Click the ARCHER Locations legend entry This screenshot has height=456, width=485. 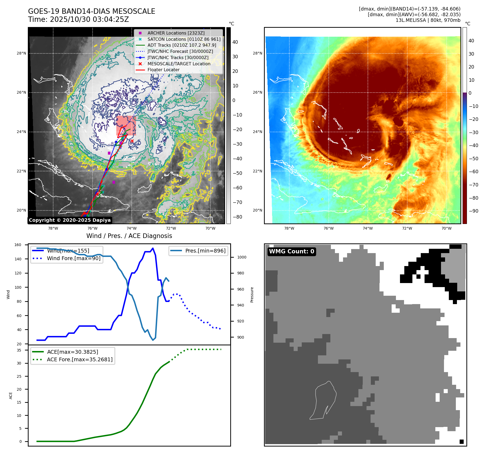(176, 33)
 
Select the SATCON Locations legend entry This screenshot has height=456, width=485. (184, 39)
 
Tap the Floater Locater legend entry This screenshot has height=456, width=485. (163, 70)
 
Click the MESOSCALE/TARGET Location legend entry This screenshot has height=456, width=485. (179, 64)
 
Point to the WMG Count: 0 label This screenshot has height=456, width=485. (291, 251)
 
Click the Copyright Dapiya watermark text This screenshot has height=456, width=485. (70, 220)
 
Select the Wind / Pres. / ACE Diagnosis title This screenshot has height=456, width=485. (129, 236)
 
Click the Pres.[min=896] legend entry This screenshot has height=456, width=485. (205, 251)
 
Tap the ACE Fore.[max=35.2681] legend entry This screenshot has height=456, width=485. (80, 359)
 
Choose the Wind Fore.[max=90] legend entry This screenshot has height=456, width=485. (73, 258)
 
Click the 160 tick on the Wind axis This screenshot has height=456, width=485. (18, 245)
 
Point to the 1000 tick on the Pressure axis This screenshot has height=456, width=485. (242, 257)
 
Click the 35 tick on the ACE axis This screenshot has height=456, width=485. (19, 350)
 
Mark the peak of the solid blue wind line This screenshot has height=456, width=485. (153, 248)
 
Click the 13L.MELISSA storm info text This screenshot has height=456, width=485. (428, 20)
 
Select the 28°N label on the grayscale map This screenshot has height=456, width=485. (21, 53)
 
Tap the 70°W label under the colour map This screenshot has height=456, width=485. (446, 228)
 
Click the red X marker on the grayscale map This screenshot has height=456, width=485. (132, 141)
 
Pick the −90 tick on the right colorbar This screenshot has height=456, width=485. (473, 211)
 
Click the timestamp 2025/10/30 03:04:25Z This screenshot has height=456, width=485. (89, 19)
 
